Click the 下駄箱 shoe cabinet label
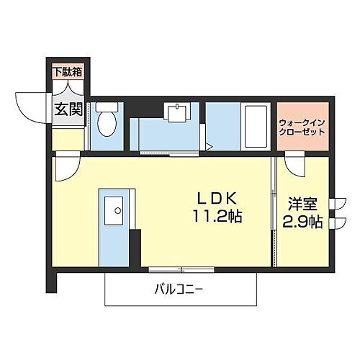(68, 71)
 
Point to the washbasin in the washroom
(176, 111)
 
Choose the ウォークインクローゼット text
(302, 127)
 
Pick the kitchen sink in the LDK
(114, 210)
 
